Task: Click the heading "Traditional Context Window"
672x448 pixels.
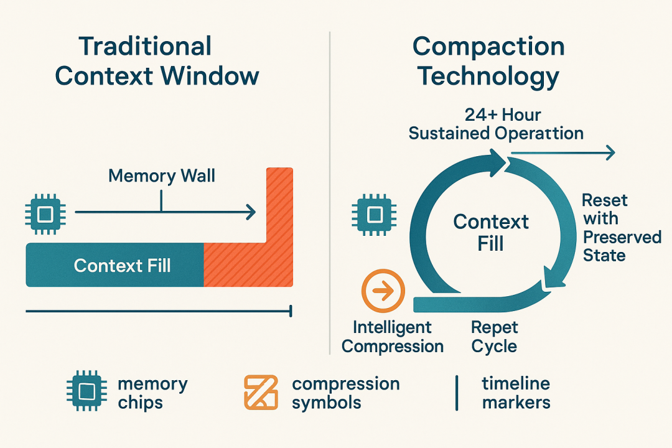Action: [x=156, y=62]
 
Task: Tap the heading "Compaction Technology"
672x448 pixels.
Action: [x=488, y=62]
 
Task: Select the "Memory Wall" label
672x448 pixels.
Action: [x=161, y=175]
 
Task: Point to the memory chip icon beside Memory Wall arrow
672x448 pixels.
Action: [x=44, y=213]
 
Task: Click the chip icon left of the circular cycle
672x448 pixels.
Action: [x=373, y=213]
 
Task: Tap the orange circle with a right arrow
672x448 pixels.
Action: [x=383, y=291]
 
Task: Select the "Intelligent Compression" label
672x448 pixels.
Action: [x=393, y=337]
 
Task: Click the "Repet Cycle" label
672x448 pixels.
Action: [x=495, y=337]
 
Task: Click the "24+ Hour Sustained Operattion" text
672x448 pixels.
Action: [x=496, y=124]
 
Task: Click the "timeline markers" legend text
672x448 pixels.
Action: [x=516, y=393]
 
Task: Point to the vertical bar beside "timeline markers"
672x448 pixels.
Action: [x=457, y=392]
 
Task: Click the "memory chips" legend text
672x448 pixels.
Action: [x=152, y=393]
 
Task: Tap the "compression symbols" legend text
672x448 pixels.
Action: [x=345, y=393]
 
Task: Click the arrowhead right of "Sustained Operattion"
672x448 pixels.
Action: [x=610, y=152]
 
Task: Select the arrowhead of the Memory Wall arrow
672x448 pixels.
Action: [x=251, y=213]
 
